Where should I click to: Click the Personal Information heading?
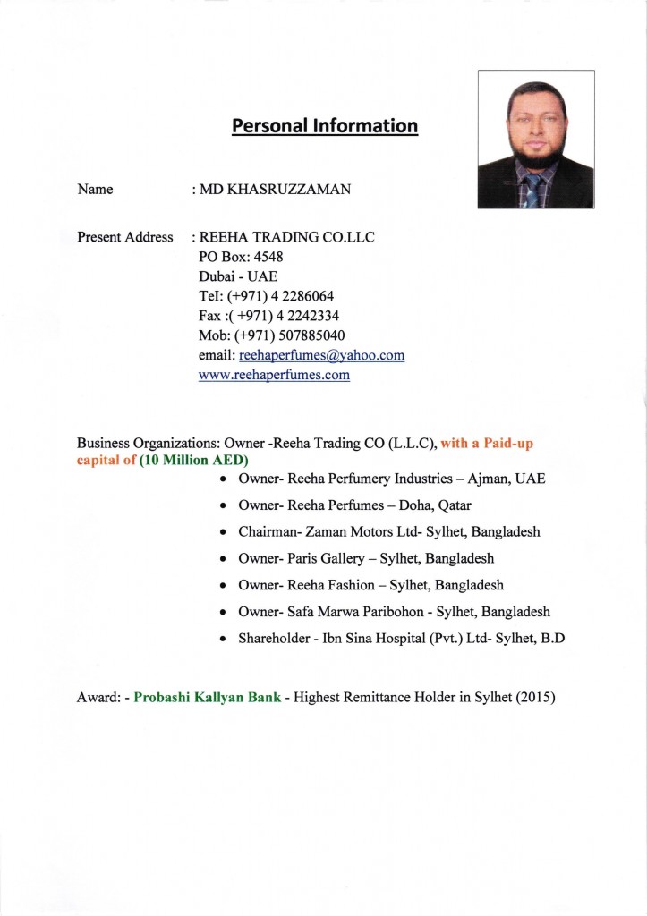(324, 126)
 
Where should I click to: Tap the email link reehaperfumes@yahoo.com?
(321, 355)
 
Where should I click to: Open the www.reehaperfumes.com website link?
(274, 375)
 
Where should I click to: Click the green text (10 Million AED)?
(193, 460)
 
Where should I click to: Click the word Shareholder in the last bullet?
(271, 640)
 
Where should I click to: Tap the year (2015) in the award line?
(535, 697)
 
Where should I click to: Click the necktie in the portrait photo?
(533, 190)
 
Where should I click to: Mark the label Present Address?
(125, 237)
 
